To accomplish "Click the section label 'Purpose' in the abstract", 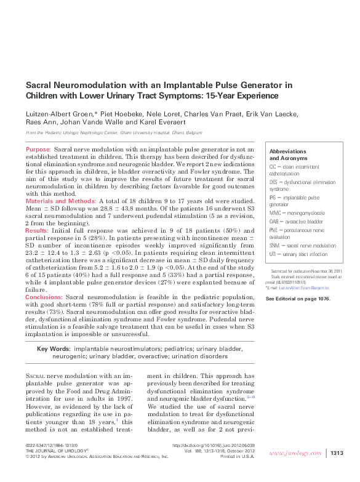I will (x=38, y=150).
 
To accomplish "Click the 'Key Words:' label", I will (x=53, y=349).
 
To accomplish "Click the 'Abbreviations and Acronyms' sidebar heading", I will (x=288, y=155).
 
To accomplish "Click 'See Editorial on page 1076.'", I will (x=297, y=299).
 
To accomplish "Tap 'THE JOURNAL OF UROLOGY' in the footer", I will (x=56, y=451).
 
